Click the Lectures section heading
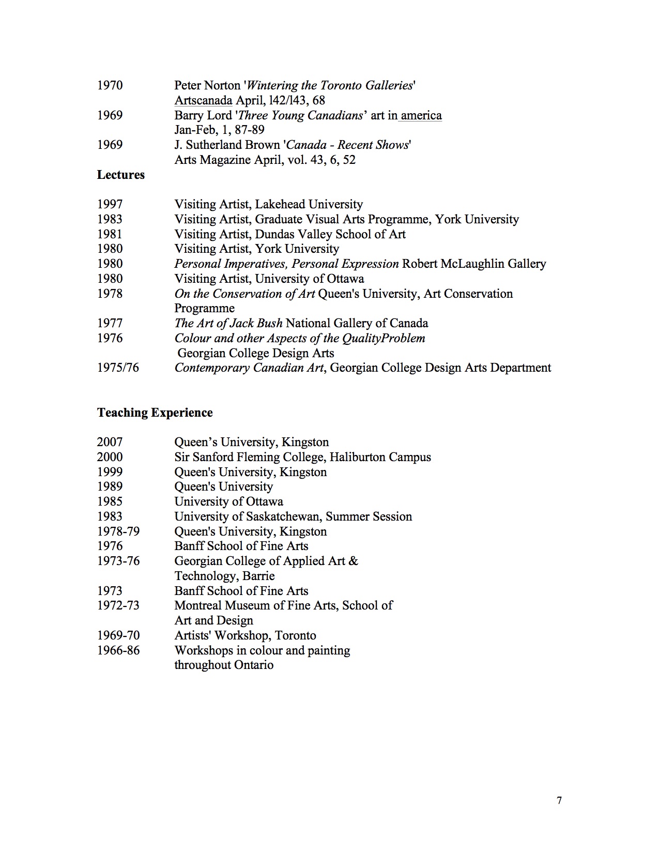click(x=120, y=175)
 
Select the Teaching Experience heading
click(x=155, y=413)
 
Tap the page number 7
click(x=559, y=801)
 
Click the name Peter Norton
click(x=207, y=85)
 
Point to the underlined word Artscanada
click(x=203, y=100)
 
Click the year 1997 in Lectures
click(x=110, y=204)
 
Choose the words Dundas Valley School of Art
click(x=330, y=234)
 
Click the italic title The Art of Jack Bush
click(x=228, y=324)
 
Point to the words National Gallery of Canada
click(x=357, y=324)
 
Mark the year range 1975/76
click(x=118, y=368)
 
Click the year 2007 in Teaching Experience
click(x=110, y=443)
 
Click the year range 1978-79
click(x=118, y=532)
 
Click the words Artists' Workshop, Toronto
click(x=245, y=636)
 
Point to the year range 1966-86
click(x=118, y=650)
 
